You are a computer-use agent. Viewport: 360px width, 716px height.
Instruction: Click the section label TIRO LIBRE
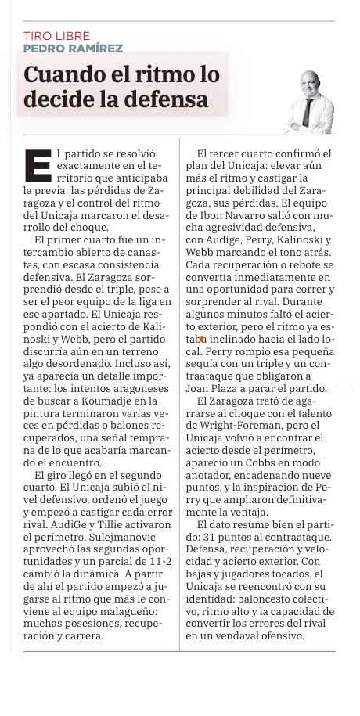(x=57, y=35)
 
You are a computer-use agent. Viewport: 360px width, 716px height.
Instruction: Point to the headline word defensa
(x=167, y=100)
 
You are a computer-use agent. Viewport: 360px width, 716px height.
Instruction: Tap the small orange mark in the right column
(x=203, y=339)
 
